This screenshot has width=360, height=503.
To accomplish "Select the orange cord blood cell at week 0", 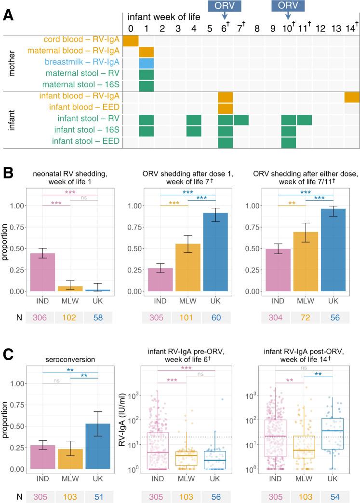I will [x=131, y=41].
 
